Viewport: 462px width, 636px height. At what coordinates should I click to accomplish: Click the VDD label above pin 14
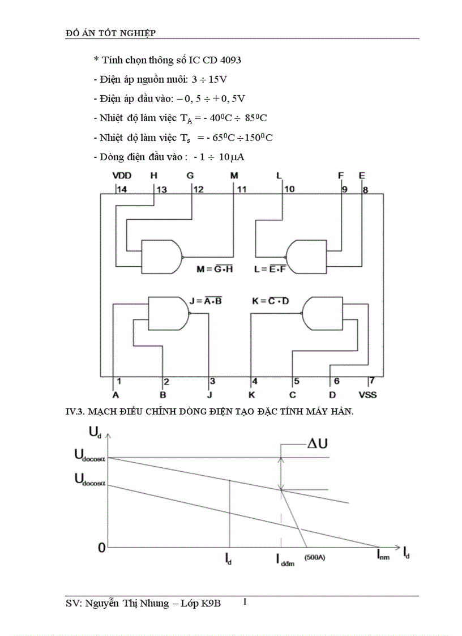[x=122, y=176]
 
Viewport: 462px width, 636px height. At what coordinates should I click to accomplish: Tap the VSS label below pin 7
[x=367, y=394]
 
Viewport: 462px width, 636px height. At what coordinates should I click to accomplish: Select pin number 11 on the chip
[x=242, y=190]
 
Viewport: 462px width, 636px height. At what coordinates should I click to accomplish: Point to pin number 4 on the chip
[x=255, y=381]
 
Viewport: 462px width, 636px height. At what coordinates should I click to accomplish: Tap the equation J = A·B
[x=206, y=301]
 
